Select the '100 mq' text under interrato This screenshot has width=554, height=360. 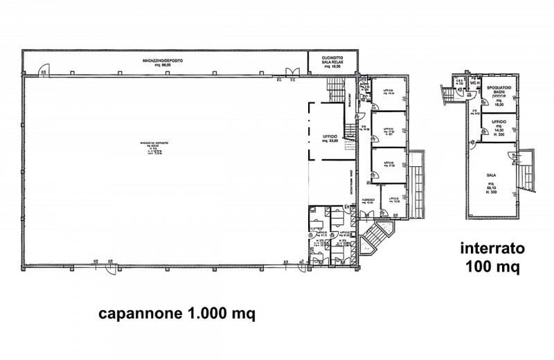(x=491, y=267)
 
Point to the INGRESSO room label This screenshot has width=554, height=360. (x=368, y=201)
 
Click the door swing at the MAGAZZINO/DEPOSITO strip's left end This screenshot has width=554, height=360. (x=44, y=69)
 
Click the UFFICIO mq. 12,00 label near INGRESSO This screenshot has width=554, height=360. (x=394, y=201)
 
